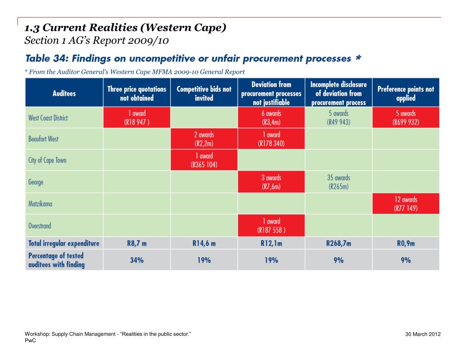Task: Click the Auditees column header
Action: pyautogui.click(x=64, y=93)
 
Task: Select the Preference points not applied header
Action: pyautogui.click(x=405, y=93)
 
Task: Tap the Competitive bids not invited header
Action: pyautogui.click(x=204, y=93)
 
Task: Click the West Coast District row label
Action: pyautogui.click(x=48, y=118)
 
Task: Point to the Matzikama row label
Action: pyautogui.click(x=40, y=203)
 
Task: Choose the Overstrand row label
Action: pyautogui.click(x=40, y=226)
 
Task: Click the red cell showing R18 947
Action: pyautogui.click(x=137, y=117)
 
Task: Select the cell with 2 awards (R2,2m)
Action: pyautogui.click(x=204, y=139)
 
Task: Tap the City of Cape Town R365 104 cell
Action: pyautogui.click(x=204, y=160)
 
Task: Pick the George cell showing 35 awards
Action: pyautogui.click(x=339, y=182)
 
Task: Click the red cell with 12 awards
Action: pyautogui.click(x=405, y=203)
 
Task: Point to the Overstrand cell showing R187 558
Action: pyautogui.click(x=271, y=225)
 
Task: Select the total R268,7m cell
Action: pyautogui.click(x=339, y=243)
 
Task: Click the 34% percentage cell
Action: pyautogui.click(x=137, y=260)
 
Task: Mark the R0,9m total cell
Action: pyautogui.click(x=405, y=243)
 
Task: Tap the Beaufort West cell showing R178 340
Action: pyautogui.click(x=271, y=139)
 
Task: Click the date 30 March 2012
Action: pyautogui.click(x=423, y=334)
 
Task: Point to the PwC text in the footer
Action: pyautogui.click(x=30, y=341)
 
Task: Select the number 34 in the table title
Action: pyautogui.click(x=61, y=58)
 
